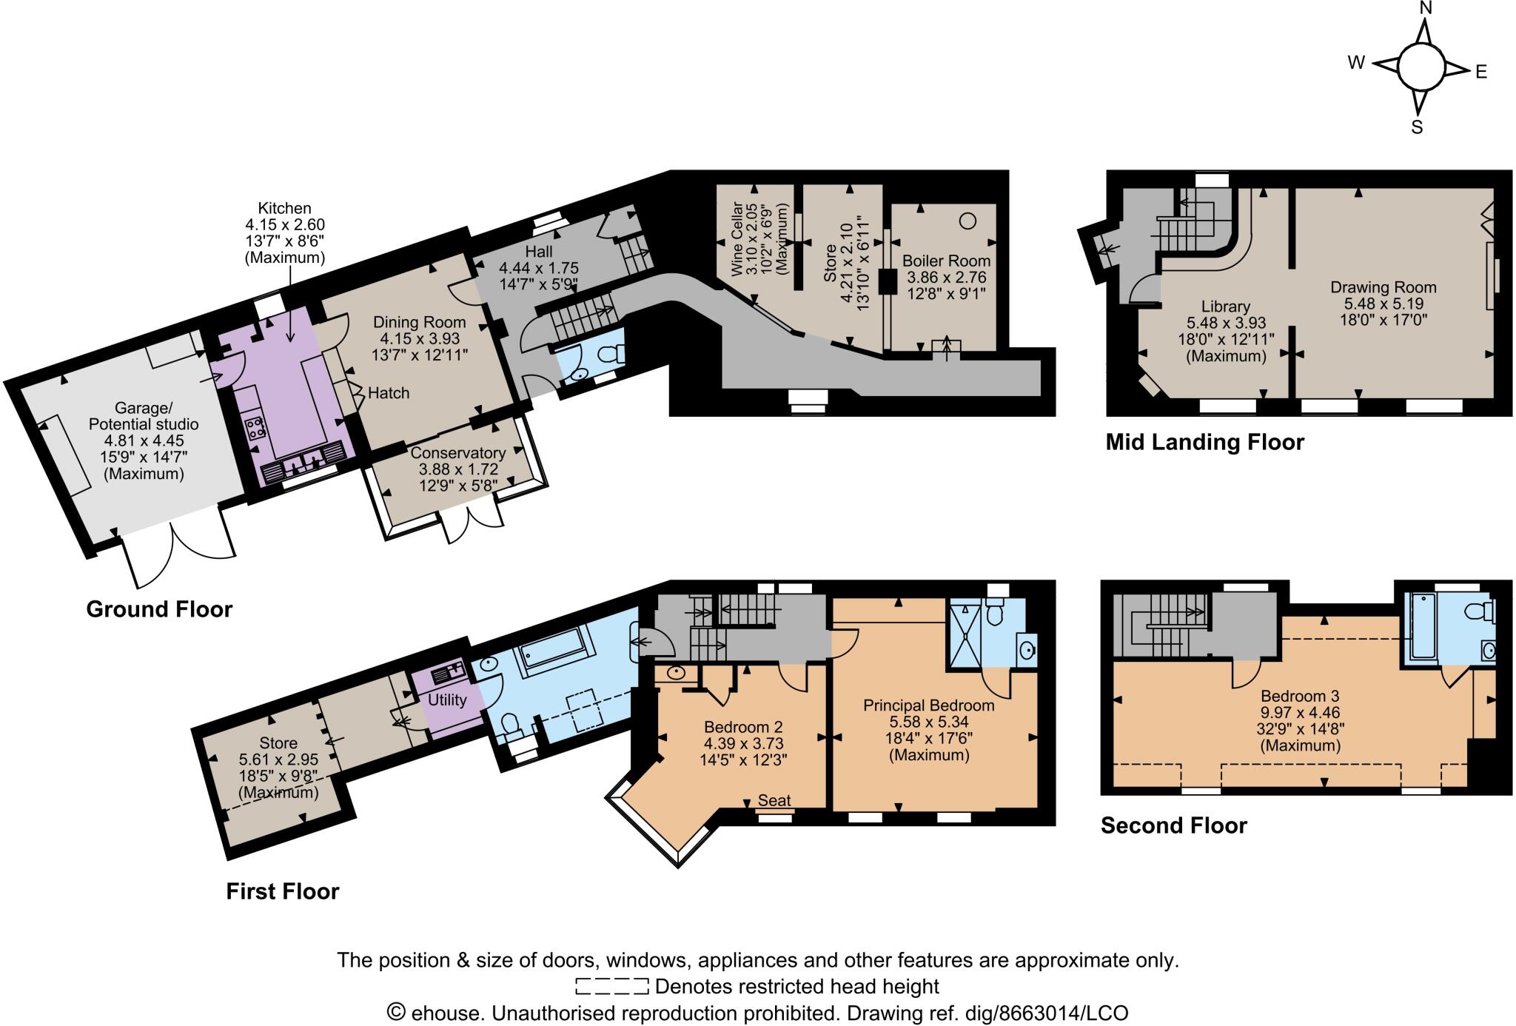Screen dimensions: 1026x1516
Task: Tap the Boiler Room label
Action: [x=946, y=261]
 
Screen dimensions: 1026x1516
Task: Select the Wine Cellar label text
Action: [x=738, y=238]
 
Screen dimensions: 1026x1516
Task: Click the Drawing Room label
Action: [x=1383, y=287]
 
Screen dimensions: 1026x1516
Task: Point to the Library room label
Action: [x=1226, y=306]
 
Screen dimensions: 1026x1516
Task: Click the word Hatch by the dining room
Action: [x=388, y=393]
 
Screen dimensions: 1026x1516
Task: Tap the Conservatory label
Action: [x=457, y=453]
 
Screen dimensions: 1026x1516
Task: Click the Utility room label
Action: [x=447, y=700]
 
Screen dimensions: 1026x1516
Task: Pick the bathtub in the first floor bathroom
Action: [x=554, y=650]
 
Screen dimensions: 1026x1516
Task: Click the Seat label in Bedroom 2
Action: [x=774, y=800]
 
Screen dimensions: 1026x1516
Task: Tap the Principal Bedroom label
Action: [x=928, y=705]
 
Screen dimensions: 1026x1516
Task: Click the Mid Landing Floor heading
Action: [x=1204, y=443]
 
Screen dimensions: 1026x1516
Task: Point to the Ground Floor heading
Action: [x=159, y=609]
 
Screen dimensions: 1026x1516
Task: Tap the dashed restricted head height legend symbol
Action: [x=611, y=987]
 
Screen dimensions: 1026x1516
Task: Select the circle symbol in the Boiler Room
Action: [x=967, y=220]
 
